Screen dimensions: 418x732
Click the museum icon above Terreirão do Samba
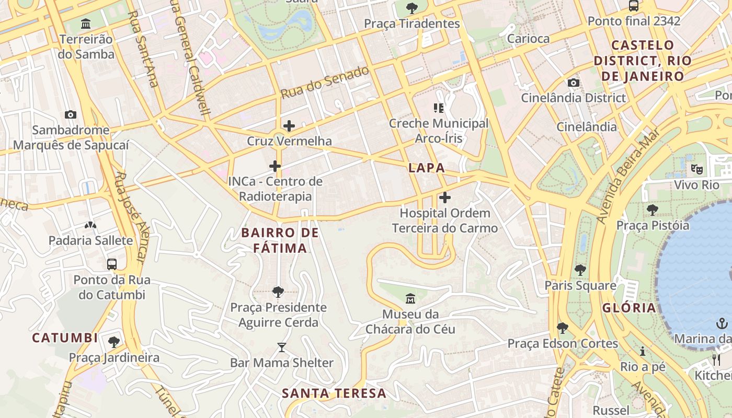click(86, 24)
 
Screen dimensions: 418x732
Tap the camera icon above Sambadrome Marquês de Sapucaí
click(70, 114)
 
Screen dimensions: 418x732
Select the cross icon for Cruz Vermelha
click(289, 125)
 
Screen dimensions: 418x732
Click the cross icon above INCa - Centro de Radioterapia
click(275, 166)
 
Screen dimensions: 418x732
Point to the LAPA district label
click(427, 168)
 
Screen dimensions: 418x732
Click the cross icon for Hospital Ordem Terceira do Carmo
click(445, 198)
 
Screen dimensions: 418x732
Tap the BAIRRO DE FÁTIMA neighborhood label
click(280, 240)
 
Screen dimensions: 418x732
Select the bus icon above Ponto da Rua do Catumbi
click(112, 264)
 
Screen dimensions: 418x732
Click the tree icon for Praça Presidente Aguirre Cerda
click(278, 292)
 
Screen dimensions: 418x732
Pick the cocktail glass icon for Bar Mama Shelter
click(282, 347)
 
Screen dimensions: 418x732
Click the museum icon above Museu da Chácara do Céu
click(410, 299)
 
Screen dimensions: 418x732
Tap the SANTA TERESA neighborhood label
click(335, 393)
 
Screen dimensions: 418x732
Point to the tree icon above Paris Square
click(580, 270)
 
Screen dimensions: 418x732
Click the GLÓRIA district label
click(629, 308)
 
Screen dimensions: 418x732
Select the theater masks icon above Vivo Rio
click(696, 169)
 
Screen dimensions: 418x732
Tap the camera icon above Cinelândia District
click(574, 83)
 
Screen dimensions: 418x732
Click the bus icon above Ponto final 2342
click(634, 6)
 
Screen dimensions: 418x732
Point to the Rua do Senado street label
click(325, 83)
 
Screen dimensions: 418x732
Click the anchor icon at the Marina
click(722, 323)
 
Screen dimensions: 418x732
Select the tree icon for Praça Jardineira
click(114, 342)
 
